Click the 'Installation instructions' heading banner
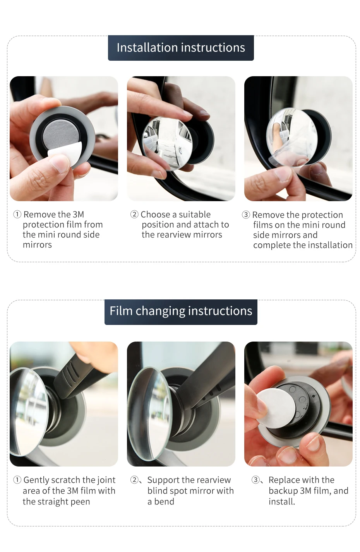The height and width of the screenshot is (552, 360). pos(181,48)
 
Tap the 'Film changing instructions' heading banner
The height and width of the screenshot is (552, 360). pos(181,312)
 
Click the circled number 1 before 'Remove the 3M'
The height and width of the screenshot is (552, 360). pos(17,214)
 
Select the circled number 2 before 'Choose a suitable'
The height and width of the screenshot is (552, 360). pos(134,214)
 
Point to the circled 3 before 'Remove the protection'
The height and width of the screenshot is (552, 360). pos(246,215)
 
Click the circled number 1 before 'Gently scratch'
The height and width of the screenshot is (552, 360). pos(17,480)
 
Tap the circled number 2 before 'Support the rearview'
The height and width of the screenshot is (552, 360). pos(134,480)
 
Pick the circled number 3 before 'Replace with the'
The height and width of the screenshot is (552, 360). pos(255,480)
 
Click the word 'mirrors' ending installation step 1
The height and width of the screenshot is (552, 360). pos(37,245)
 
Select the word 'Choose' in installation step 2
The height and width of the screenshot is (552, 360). pos(155,214)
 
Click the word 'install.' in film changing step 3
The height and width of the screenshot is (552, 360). pos(282,502)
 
